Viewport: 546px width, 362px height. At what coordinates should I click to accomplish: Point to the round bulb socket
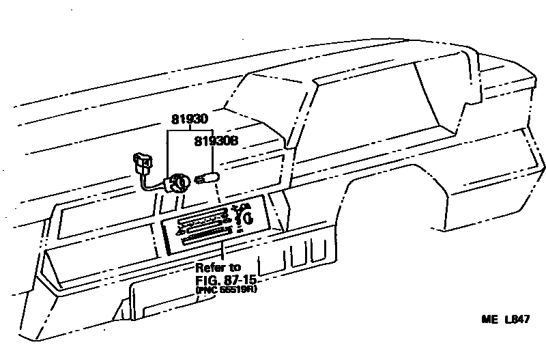pyautogui.click(x=179, y=182)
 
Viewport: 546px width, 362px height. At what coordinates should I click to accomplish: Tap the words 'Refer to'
pyautogui.click(x=218, y=267)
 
